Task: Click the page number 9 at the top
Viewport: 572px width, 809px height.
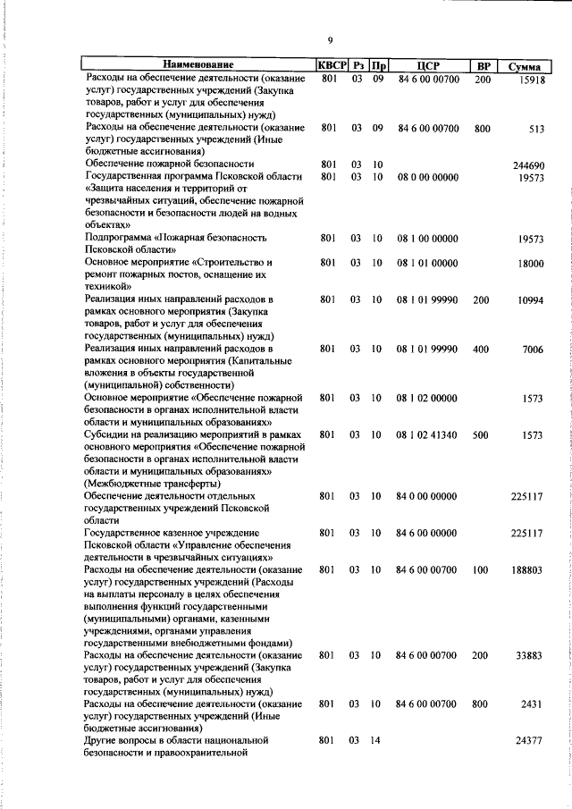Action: pyautogui.click(x=330, y=40)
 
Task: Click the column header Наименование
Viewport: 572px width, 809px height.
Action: pyautogui.click(x=198, y=65)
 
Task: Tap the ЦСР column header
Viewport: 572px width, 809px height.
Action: pyautogui.click(x=425, y=65)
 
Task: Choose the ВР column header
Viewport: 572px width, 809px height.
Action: pyautogui.click(x=483, y=65)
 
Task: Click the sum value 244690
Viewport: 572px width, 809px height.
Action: pyautogui.click(x=528, y=165)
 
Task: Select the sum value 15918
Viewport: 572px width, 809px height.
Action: pyautogui.click(x=531, y=80)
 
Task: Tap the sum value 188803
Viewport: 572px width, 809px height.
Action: pyautogui.click(x=527, y=569)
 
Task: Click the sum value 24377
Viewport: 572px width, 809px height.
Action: pyautogui.click(x=530, y=741)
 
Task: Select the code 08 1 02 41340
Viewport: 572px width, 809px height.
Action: pyautogui.click(x=426, y=434)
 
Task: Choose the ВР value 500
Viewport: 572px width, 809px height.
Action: pyautogui.click(x=481, y=434)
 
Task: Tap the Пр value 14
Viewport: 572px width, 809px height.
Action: pyautogui.click(x=377, y=741)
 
